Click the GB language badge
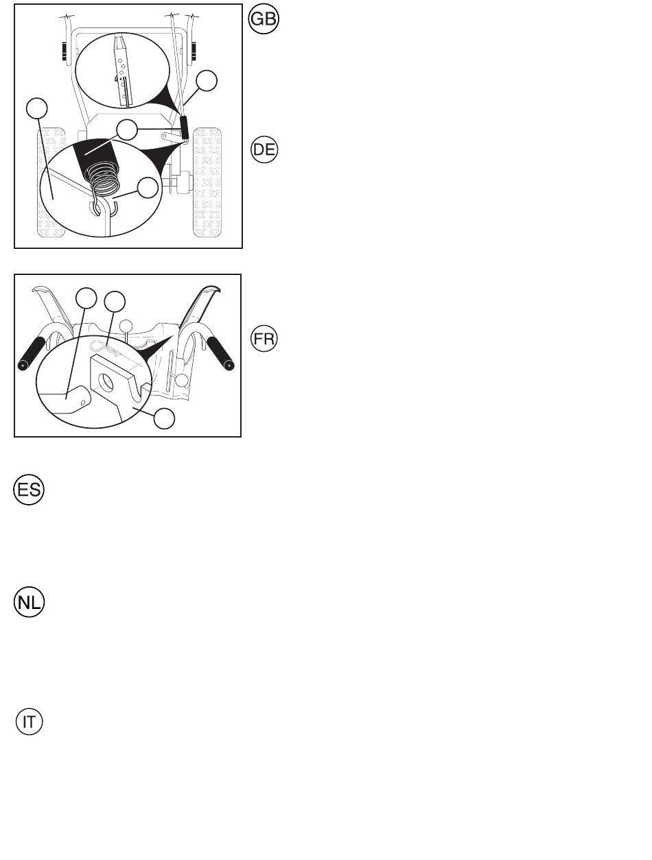pos(264,19)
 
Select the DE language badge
pos(264,150)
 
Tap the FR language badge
pos(264,339)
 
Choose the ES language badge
pos(29,490)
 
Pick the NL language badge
pos(29,602)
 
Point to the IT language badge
pos(29,721)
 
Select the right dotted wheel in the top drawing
pos(207,182)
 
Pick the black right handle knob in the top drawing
pos(194,51)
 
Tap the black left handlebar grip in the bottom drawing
pos(32,354)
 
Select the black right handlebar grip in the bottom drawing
pos(220,354)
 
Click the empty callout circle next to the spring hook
pos(148,188)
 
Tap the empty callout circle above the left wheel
pos(37,108)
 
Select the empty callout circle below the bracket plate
pos(164,418)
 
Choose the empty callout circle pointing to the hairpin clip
pos(115,302)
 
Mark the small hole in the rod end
pos(82,402)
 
